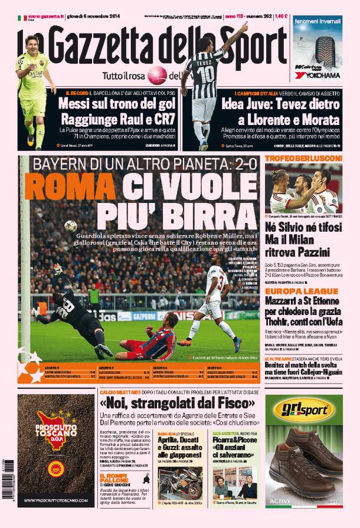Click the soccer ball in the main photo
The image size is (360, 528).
click(71, 225)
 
